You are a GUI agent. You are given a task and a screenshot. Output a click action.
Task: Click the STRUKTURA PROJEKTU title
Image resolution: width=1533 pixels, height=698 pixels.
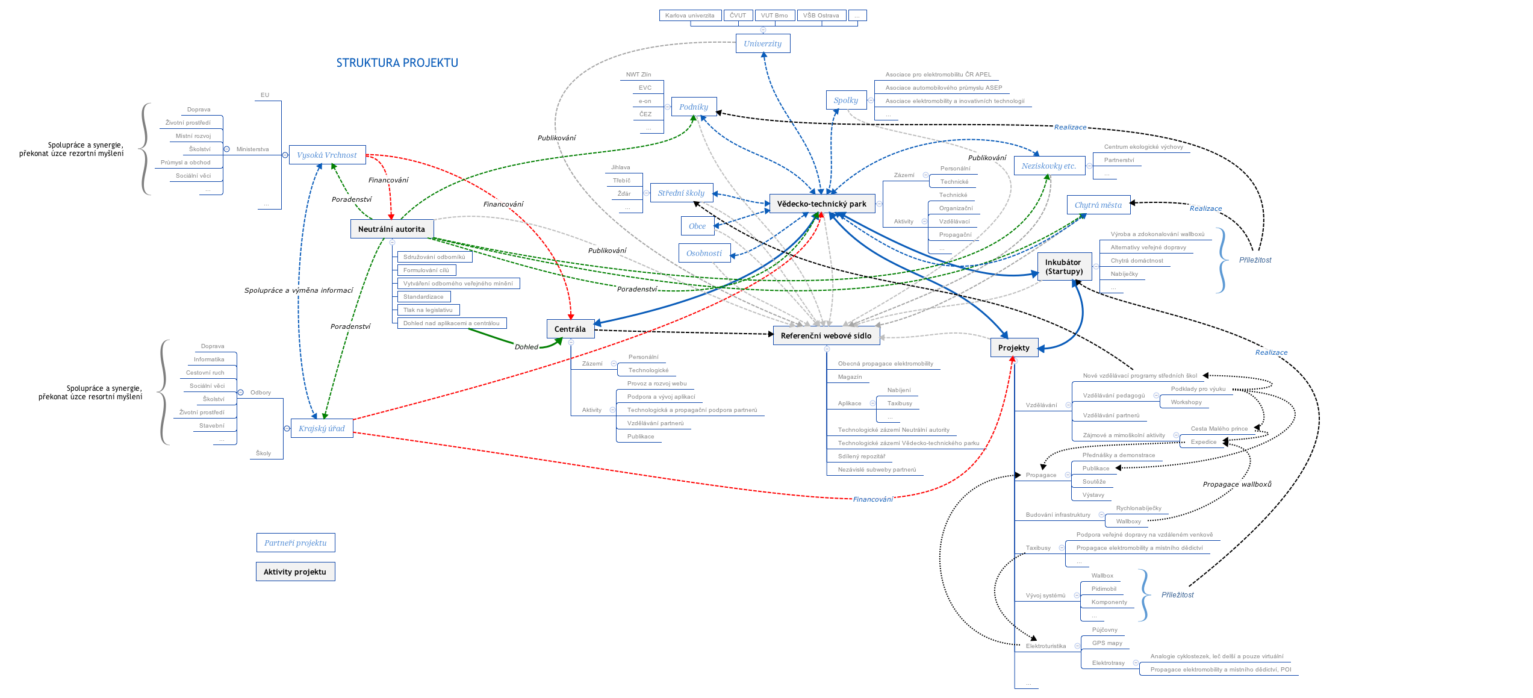pyautogui.click(x=397, y=63)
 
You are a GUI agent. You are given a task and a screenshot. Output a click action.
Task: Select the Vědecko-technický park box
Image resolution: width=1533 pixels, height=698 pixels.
pyautogui.click(x=821, y=204)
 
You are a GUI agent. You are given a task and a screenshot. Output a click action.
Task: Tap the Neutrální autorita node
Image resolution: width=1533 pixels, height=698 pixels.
pyautogui.click(x=391, y=229)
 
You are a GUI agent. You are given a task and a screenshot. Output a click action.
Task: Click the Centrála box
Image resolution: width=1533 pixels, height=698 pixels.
pyautogui.click(x=570, y=329)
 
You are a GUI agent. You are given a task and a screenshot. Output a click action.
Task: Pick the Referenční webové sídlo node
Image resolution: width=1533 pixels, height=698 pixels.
pyautogui.click(x=826, y=335)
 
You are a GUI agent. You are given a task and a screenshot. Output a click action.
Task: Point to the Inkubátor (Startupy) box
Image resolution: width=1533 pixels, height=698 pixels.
pyautogui.click(x=1063, y=267)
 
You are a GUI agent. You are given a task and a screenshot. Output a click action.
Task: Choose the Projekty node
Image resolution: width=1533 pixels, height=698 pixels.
pyautogui.click(x=1013, y=347)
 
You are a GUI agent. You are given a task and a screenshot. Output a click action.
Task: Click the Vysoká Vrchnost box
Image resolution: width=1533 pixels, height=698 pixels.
pyautogui.click(x=326, y=155)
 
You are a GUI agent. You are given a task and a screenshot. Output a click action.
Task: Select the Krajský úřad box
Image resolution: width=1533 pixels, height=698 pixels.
pyautogui.click(x=322, y=428)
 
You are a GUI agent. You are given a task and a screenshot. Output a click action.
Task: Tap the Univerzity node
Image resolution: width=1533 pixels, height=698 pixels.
pyautogui.click(x=762, y=43)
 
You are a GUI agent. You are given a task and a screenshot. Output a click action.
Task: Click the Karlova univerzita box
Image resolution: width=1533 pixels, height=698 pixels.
pyautogui.click(x=689, y=16)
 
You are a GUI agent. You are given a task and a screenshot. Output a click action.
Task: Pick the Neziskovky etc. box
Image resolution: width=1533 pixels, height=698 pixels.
pyautogui.click(x=1048, y=166)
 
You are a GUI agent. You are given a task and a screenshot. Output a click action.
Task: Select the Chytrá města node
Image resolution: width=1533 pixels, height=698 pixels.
pyautogui.click(x=1098, y=205)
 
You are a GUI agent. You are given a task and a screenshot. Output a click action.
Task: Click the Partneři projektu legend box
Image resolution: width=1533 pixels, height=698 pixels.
pyautogui.click(x=295, y=543)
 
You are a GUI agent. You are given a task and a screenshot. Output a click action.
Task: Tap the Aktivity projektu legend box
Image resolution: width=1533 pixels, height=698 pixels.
pyautogui.click(x=295, y=572)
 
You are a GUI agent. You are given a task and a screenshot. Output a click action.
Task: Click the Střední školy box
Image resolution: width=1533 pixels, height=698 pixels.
pyautogui.click(x=681, y=193)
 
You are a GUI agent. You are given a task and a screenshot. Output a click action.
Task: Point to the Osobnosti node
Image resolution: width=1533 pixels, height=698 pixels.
pyautogui.click(x=704, y=253)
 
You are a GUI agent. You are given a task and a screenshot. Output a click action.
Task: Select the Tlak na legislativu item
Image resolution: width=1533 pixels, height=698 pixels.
pyautogui.click(x=428, y=310)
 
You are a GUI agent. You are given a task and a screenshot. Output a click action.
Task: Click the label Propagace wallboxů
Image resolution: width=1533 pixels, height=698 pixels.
pyautogui.click(x=1237, y=484)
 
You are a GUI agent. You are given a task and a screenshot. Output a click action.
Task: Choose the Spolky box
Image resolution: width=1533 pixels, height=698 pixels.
pyautogui.click(x=845, y=100)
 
